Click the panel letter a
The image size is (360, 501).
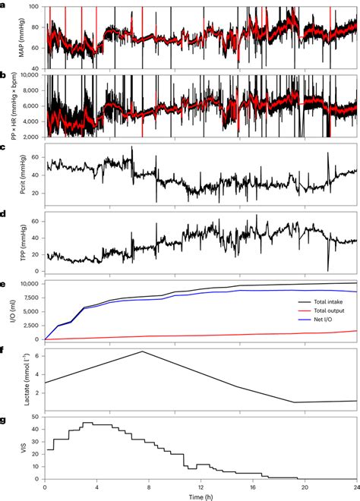[4, 5]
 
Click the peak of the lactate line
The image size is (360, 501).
[142, 351]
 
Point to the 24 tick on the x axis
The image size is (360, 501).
[355, 487]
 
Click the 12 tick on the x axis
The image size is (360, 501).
[201, 487]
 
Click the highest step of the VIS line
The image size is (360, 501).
[88, 423]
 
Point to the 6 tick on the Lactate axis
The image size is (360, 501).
[39, 354]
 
